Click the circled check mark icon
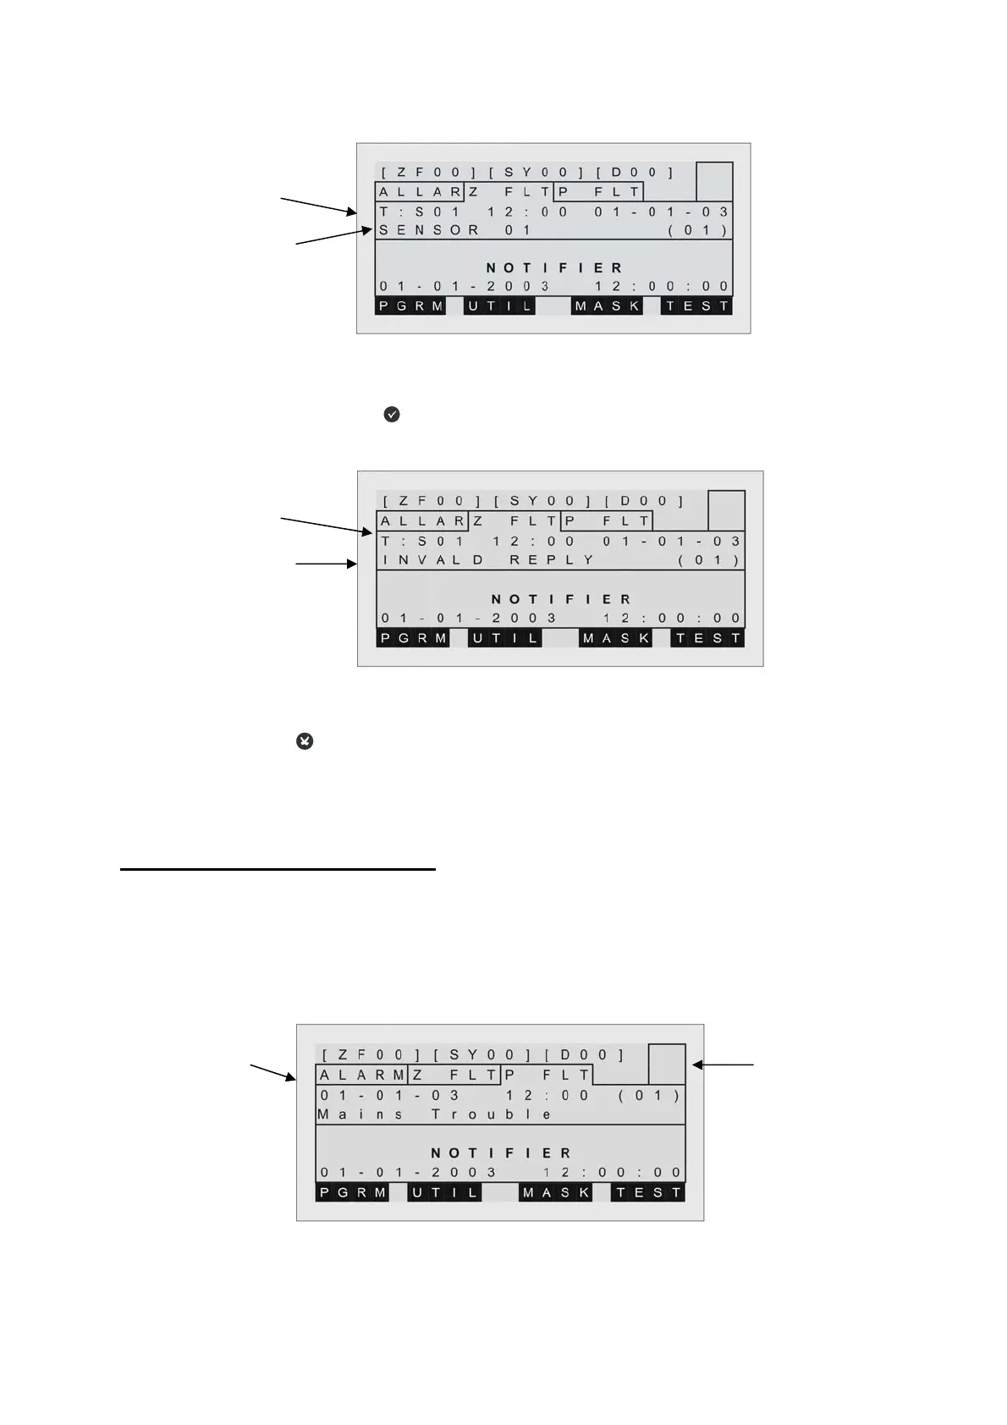(392, 415)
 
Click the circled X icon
(305, 741)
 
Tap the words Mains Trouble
(435, 1114)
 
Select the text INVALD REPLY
(489, 560)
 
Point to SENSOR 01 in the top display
(455, 230)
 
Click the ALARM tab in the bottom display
(362, 1076)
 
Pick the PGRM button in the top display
(410, 306)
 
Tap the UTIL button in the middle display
(505, 638)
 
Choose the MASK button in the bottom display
(555, 1193)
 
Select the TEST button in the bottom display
(648, 1193)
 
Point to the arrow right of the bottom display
(724, 1065)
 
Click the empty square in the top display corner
(714, 182)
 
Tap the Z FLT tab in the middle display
(515, 521)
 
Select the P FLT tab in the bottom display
(548, 1076)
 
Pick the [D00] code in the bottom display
(585, 1055)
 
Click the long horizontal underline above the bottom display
(278, 869)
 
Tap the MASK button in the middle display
(616, 638)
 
